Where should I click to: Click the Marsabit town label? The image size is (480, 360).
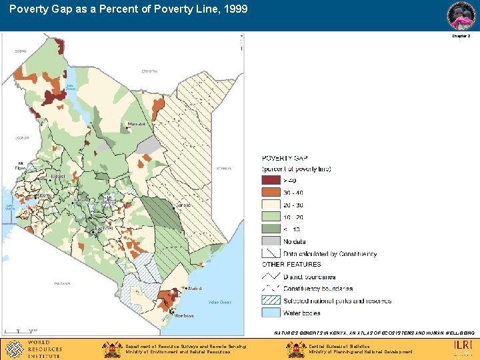pos(136,124)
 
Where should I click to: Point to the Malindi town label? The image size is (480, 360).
pos(195,288)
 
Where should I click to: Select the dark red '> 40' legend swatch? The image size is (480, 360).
pos(271,180)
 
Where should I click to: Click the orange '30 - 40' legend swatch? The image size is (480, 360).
pos(271,193)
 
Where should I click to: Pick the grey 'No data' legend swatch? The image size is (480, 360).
pos(271,241)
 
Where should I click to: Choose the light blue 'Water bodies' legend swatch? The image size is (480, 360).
pos(271,312)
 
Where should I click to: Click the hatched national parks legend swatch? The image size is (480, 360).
pos(271,301)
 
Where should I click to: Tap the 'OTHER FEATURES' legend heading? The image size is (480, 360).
pos(291,265)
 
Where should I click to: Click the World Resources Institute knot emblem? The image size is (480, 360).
pos(13,348)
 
